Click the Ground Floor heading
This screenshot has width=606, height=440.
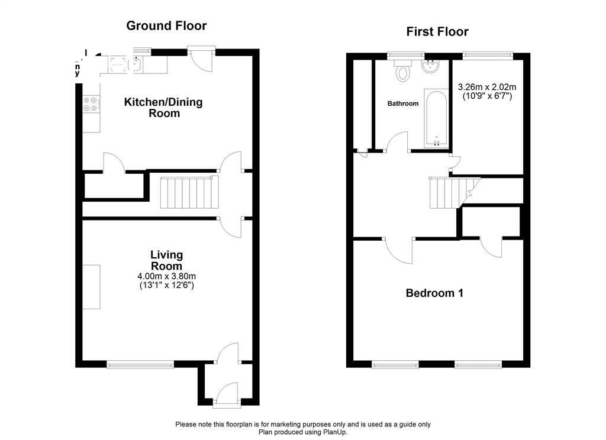coord(166,25)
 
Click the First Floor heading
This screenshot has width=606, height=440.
coord(437,31)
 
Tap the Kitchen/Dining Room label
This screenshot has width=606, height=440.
coord(163,107)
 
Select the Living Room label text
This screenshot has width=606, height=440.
coord(166,260)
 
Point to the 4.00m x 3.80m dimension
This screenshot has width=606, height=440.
coord(166,276)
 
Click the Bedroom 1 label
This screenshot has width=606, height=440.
coord(434,293)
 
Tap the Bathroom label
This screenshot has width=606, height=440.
coord(403,103)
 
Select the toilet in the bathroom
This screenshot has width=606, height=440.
coord(404,72)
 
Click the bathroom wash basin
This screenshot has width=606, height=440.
coord(431,68)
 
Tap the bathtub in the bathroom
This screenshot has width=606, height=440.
coord(436,118)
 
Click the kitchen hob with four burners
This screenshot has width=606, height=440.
coord(91,104)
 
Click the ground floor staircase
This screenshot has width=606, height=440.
coord(186,192)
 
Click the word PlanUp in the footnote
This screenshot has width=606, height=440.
coord(334,432)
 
